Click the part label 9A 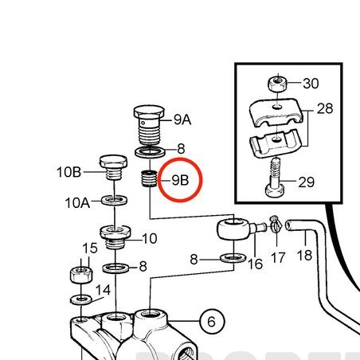(x=182, y=119)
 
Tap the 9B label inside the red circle (x=180, y=180)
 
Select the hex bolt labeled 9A (x=149, y=126)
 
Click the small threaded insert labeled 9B (x=149, y=178)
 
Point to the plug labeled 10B (x=113, y=167)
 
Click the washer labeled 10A (x=114, y=200)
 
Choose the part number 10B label (x=68, y=172)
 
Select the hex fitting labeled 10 (x=115, y=237)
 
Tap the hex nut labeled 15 (x=81, y=275)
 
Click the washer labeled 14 (x=81, y=300)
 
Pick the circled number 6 (x=212, y=322)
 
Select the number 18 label (x=304, y=255)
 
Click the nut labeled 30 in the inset (x=277, y=83)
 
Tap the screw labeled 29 (x=275, y=178)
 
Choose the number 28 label (x=325, y=108)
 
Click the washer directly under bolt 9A (x=150, y=152)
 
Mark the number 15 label (x=90, y=248)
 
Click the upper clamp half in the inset (x=276, y=112)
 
